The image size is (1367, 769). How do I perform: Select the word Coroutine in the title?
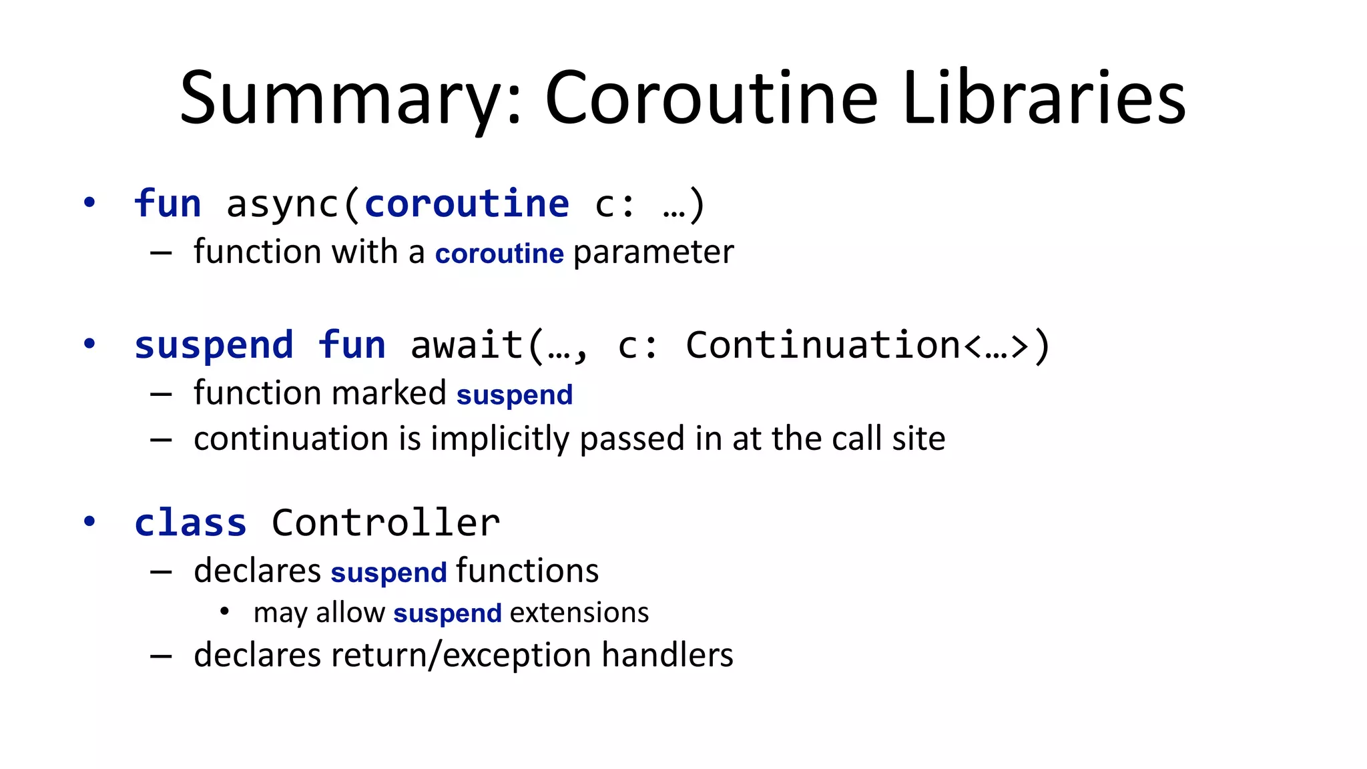(712, 99)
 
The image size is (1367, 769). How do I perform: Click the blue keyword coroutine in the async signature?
(467, 204)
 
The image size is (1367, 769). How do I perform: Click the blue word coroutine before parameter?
(499, 254)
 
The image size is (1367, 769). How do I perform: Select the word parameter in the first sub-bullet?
(653, 252)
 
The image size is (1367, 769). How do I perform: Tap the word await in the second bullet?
(467, 346)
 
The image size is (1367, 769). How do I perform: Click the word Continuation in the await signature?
(823, 346)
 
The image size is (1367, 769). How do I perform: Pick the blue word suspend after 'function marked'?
(515, 395)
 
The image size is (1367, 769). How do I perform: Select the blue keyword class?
(191, 523)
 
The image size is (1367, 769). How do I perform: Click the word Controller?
(386, 523)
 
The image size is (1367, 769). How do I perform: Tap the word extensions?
(579, 613)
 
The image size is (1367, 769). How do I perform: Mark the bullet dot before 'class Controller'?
(89, 521)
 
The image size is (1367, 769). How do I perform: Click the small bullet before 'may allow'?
(224, 611)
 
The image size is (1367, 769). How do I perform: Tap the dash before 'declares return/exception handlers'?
(161, 656)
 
